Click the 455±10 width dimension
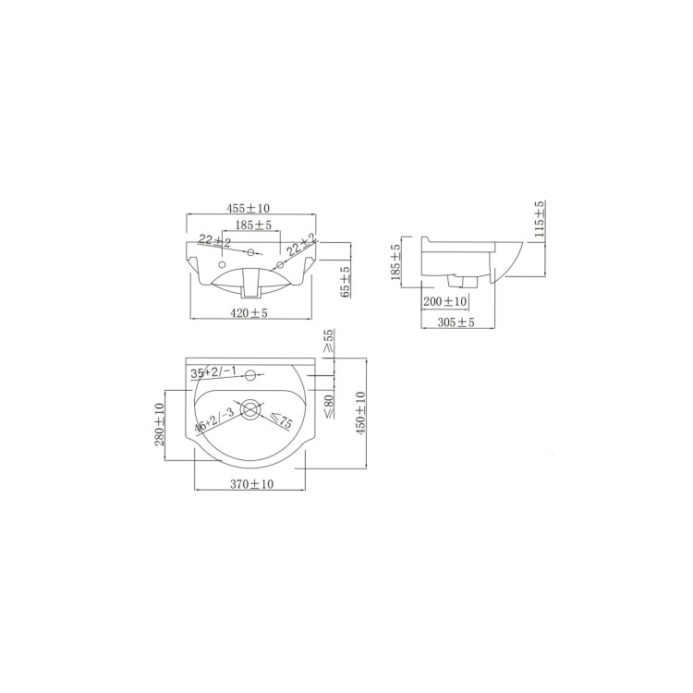pyautogui.click(x=250, y=210)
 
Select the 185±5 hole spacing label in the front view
pyautogui.click(x=252, y=225)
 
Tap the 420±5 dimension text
pyautogui.click(x=250, y=312)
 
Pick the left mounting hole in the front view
pyautogui.click(x=222, y=263)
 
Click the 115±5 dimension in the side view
pyautogui.click(x=540, y=220)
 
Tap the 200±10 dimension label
pyautogui.click(x=444, y=302)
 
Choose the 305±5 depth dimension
pyautogui.click(x=455, y=322)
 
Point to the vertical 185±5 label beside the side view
pyautogui.click(x=395, y=261)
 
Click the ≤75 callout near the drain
pyautogui.click(x=281, y=422)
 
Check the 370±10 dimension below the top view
pyautogui.click(x=250, y=484)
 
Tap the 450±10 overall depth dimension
pyautogui.click(x=360, y=412)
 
